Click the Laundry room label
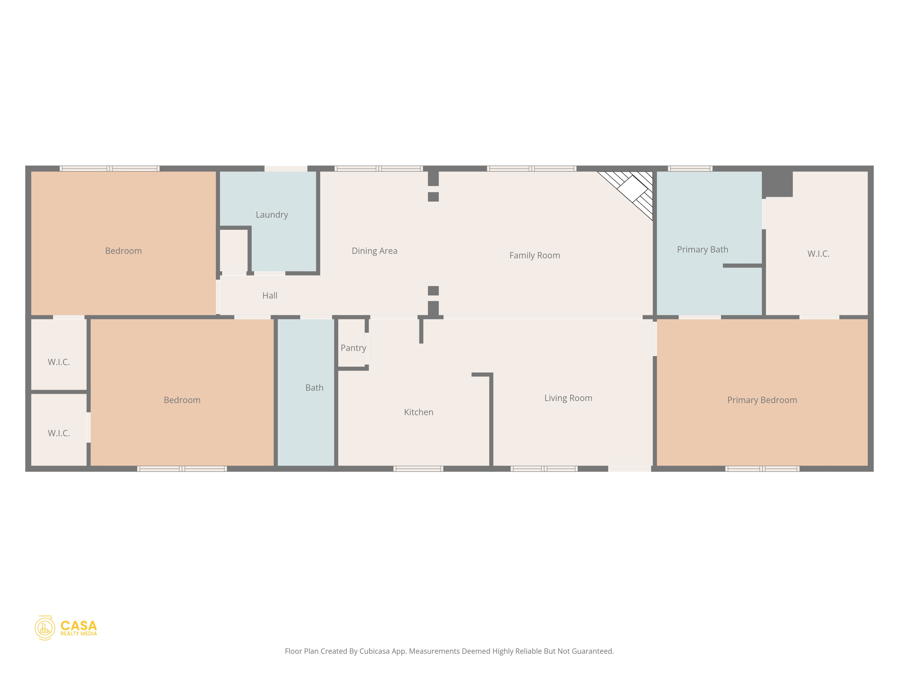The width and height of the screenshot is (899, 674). tap(272, 215)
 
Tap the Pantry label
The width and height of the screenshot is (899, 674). tap(353, 348)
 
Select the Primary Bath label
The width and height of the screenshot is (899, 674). tap(702, 250)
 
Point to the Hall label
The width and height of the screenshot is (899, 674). tap(270, 295)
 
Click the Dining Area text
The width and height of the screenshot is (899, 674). tap(374, 251)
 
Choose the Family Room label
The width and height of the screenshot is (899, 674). tap(534, 255)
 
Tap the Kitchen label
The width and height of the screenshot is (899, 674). tap(418, 412)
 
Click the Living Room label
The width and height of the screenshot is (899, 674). tap(568, 398)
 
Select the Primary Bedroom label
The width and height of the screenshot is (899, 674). tap(762, 400)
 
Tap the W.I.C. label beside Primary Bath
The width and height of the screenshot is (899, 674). tap(818, 254)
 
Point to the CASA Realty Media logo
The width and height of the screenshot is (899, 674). tap(66, 628)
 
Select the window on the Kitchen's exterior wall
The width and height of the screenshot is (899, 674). tap(418, 469)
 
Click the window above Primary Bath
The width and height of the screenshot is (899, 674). tap(690, 168)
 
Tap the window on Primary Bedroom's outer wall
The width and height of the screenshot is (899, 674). tap(762, 469)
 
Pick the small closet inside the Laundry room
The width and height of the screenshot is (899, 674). tap(234, 250)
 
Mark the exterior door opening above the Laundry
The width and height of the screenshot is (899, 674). tap(286, 168)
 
